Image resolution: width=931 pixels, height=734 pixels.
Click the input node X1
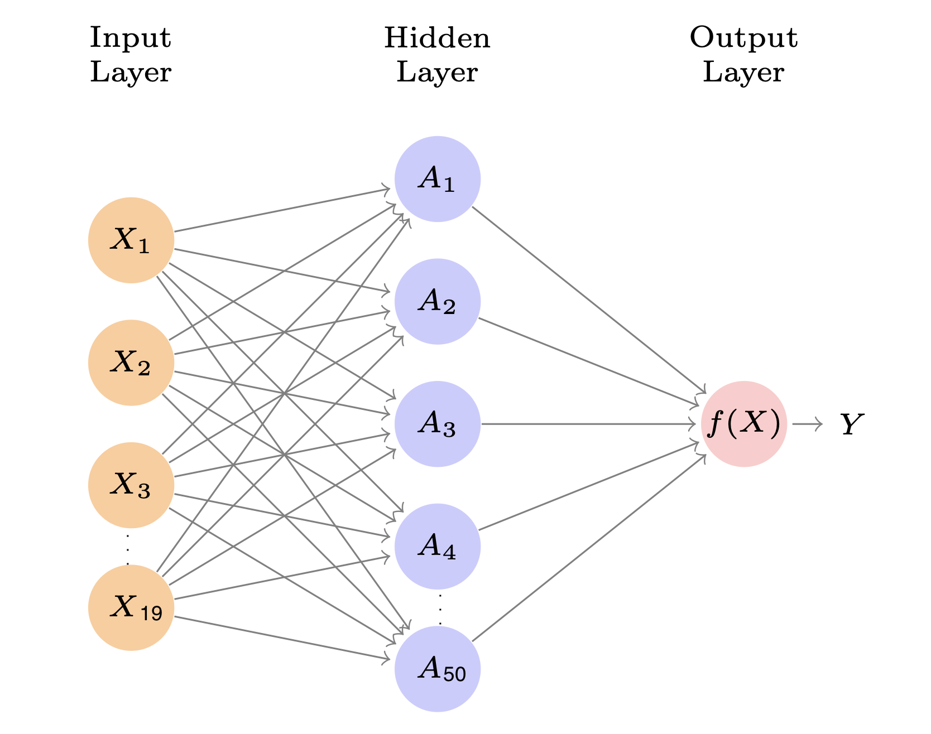pos(131,240)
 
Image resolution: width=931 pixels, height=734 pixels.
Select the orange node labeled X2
pos(131,363)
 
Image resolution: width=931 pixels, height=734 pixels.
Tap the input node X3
pos(131,485)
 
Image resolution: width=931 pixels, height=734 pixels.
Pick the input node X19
pos(131,607)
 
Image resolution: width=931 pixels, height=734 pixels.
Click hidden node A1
pos(438,179)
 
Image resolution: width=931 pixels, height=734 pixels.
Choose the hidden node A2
pos(438,301)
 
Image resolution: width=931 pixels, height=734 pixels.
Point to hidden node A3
pos(438,424)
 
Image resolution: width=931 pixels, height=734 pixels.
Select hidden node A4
pos(438,546)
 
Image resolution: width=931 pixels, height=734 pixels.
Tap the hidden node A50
pos(438,669)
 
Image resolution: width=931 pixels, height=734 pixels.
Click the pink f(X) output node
pos(744,424)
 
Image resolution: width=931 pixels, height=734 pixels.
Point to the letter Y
pos(852,425)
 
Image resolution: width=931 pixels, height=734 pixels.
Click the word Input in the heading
pos(130,38)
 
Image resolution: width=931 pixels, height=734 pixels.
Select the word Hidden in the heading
pos(437,38)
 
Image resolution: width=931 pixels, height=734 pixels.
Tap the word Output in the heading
pos(743,38)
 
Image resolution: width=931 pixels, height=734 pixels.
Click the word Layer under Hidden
pos(437,73)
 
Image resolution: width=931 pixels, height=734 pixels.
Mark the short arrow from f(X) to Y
pos(807,424)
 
